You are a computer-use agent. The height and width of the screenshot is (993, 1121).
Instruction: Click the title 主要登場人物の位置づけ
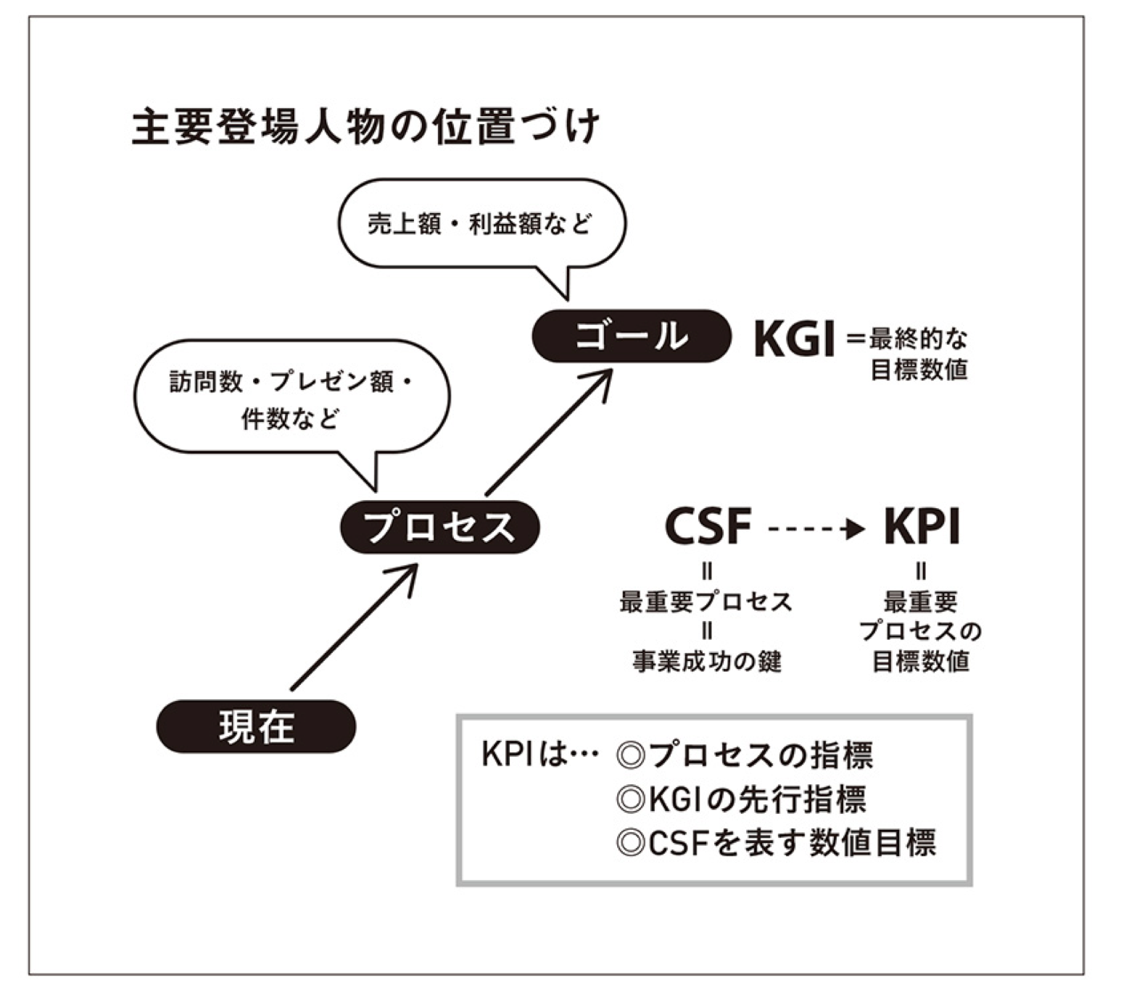tap(366, 128)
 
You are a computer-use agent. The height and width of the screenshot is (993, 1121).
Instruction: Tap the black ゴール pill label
tap(631, 336)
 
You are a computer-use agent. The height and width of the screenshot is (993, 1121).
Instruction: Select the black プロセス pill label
tap(440, 527)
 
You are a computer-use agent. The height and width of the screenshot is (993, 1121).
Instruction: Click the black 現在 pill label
tap(257, 726)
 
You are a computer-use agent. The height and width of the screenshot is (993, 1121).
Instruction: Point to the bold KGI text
tap(795, 338)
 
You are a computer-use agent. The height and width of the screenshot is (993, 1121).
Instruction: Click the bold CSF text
tap(708, 527)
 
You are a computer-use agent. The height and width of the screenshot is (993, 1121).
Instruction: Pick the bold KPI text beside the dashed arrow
tap(922, 527)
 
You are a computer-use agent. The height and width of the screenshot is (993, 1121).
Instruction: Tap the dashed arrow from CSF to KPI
tap(816, 529)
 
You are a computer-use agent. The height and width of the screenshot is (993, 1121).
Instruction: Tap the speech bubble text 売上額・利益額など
tap(480, 224)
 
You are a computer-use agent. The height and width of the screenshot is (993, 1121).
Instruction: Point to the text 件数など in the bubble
tap(290, 419)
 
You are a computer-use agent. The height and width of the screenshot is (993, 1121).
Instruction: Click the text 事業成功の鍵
tap(707, 661)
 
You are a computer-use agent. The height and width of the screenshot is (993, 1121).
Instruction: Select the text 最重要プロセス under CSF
tap(706, 602)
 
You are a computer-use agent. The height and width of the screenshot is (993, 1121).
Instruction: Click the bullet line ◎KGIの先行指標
tap(740, 799)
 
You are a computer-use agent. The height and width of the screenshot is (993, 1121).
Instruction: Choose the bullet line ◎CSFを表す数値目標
tap(776, 843)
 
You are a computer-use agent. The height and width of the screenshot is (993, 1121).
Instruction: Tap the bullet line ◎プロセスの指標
tap(744, 756)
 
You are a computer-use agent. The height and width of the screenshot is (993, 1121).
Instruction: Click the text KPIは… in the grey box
tap(540, 755)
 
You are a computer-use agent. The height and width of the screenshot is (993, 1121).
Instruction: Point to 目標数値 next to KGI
tap(919, 370)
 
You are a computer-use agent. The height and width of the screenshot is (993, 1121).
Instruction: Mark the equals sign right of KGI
tap(856, 338)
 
